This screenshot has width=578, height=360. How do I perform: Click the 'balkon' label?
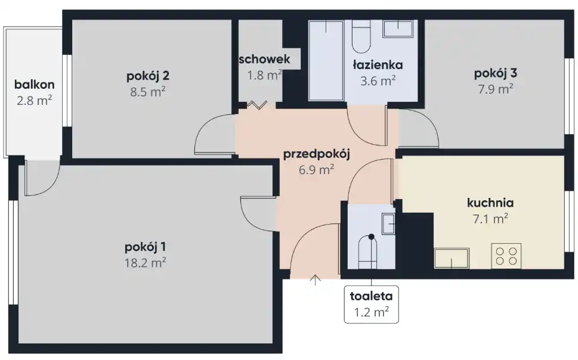pos(34,85)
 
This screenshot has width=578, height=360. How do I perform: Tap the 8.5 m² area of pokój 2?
pos(147,91)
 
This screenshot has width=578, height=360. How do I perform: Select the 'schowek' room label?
pos(264,60)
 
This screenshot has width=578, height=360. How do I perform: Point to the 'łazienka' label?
pos(378,65)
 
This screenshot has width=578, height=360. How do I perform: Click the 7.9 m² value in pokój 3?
pos(496,89)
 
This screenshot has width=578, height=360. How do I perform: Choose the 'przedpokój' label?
pos(316,154)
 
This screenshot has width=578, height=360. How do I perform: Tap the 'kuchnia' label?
pos(490,203)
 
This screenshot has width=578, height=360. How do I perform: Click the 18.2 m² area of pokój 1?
pos(145,263)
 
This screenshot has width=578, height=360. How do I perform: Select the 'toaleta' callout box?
pos(371,305)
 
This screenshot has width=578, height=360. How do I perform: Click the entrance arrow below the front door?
pos(315,280)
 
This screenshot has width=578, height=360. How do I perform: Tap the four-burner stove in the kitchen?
pos(506,256)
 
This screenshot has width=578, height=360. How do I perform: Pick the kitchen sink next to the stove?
pos(452,258)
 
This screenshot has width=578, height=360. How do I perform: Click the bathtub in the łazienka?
pos(326,60)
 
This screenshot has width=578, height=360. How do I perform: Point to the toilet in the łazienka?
pos(361,36)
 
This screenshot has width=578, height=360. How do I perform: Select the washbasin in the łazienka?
pos(398,29)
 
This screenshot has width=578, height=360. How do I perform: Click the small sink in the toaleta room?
pos(388,224)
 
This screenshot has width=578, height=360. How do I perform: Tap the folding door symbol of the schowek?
pos(257,105)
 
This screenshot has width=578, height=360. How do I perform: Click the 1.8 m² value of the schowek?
pos(264,75)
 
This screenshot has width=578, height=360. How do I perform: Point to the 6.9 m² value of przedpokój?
pos(316,170)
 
